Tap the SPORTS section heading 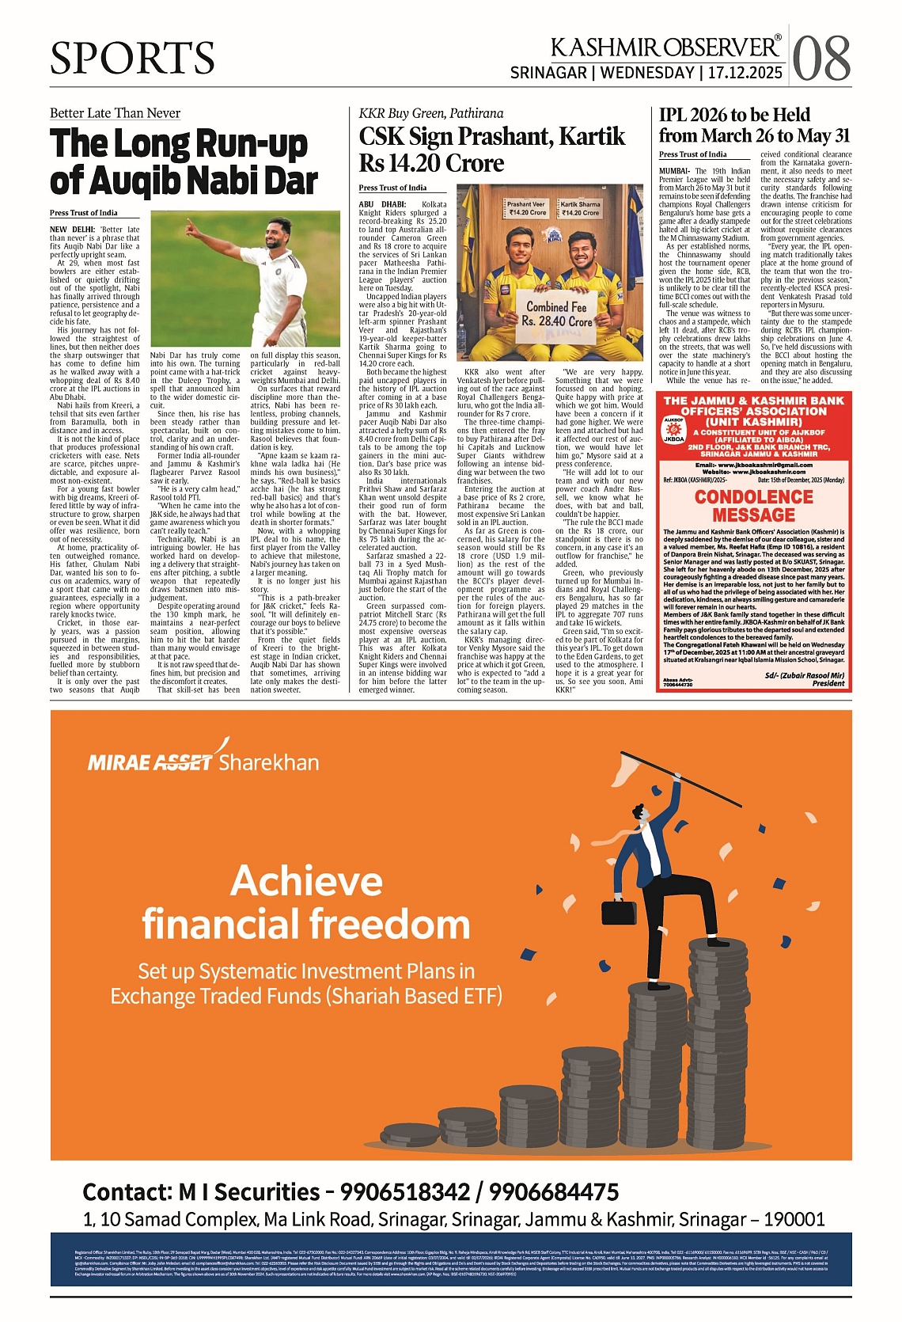[132, 58]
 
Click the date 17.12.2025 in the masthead [745, 73]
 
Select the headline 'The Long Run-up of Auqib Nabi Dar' [184, 162]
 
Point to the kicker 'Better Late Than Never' [115, 113]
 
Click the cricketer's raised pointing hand [191, 228]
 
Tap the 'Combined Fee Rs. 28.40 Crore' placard [556, 313]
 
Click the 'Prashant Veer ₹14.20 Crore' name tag [526, 208]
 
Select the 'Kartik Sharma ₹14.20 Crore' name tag [581, 208]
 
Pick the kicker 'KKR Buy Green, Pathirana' [430, 113]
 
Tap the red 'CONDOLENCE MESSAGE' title [753, 505]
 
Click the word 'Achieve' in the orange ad [306, 880]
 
